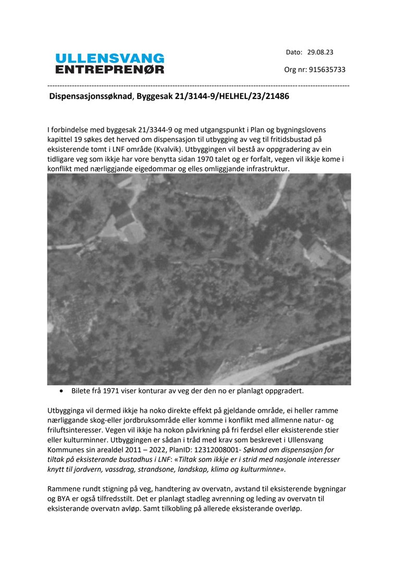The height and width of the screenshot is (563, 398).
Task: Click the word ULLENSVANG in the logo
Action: (109, 58)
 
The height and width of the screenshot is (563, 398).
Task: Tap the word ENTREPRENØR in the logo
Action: (109, 69)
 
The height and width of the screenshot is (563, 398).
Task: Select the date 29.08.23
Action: (320, 52)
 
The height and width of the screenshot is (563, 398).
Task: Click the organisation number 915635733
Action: (327, 69)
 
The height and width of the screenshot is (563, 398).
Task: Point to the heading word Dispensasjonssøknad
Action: (91, 96)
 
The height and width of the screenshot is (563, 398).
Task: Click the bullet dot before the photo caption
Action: (62, 390)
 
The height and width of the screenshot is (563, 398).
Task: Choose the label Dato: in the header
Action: (294, 52)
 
